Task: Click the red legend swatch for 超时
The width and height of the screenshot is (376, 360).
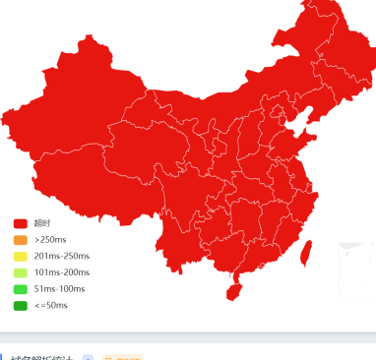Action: click(x=21, y=223)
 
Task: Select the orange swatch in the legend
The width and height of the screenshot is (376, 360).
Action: click(x=21, y=240)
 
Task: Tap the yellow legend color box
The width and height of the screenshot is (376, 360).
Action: click(x=21, y=256)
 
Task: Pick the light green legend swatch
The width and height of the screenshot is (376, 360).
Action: click(x=21, y=272)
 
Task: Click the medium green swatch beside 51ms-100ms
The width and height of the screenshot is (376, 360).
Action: click(x=21, y=289)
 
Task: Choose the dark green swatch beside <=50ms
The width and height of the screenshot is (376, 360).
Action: click(x=21, y=306)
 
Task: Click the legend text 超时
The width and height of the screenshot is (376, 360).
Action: click(x=42, y=223)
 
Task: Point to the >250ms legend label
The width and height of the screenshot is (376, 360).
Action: click(x=50, y=240)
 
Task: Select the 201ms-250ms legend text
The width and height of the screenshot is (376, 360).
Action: click(x=61, y=256)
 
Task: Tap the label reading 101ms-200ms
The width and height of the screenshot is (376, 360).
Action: click(x=61, y=272)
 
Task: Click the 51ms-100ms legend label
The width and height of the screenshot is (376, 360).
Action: click(x=59, y=289)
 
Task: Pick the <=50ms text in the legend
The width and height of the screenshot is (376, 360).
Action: click(x=50, y=306)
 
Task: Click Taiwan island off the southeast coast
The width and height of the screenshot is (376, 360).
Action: click(x=305, y=252)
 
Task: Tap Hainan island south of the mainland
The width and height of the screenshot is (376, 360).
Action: click(x=233, y=291)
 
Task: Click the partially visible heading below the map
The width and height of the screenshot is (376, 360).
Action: click(x=39, y=357)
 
